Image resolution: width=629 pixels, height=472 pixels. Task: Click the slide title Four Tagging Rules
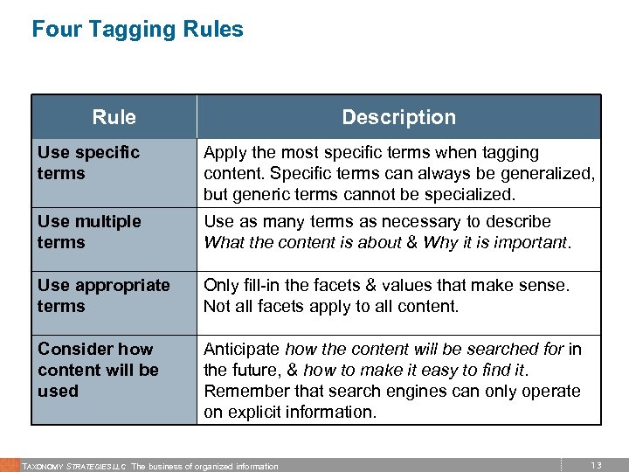coord(137,30)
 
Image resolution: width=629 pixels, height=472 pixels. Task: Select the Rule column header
coord(114,117)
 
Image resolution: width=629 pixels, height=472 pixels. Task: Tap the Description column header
coord(398,117)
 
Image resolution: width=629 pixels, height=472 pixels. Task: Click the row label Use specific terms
coord(88,163)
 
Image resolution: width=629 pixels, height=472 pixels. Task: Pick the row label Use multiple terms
coord(89,232)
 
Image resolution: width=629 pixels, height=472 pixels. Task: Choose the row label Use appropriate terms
coord(103,295)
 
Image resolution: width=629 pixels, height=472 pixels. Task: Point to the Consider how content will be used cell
coord(98,370)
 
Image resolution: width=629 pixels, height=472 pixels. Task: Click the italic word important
coord(528,242)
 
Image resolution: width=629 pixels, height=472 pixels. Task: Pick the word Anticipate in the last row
coord(242,349)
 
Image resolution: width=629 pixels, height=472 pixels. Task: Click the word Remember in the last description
coord(243,391)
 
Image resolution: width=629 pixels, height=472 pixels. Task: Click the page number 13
coord(596,465)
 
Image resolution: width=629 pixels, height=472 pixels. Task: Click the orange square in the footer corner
coord(9,465)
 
